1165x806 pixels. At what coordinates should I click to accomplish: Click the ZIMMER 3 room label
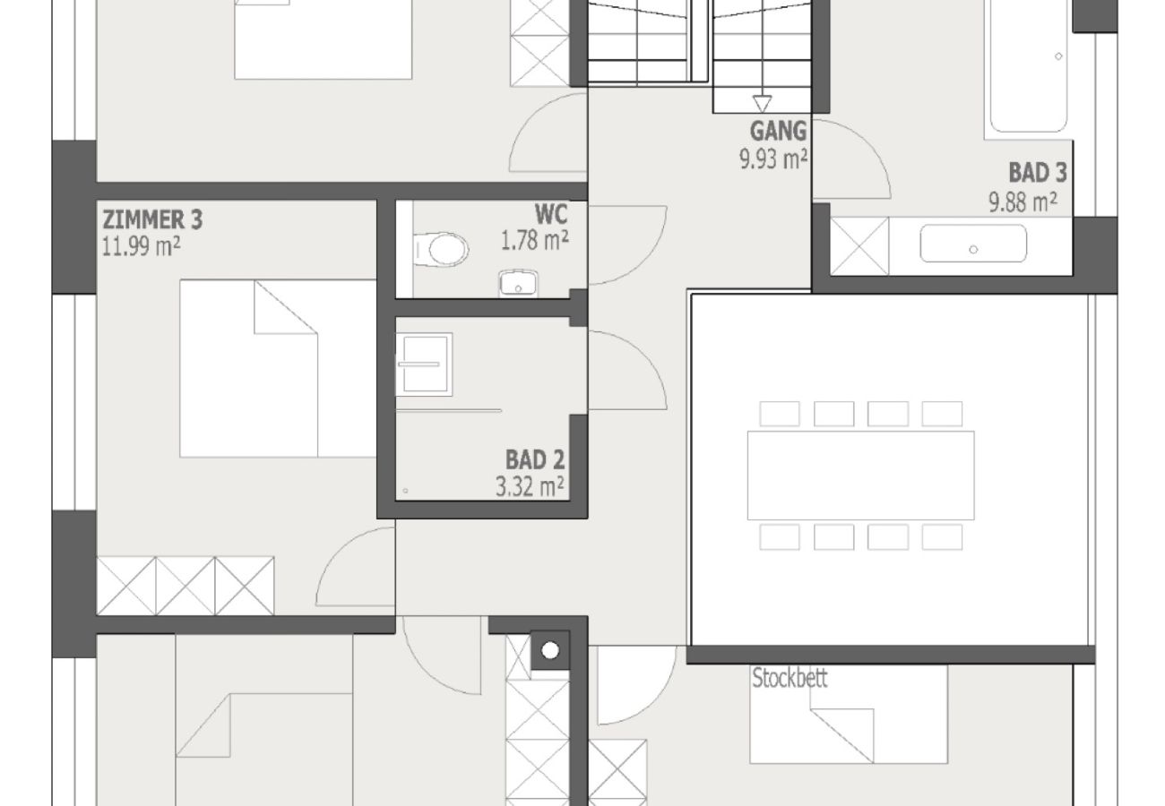click(x=152, y=219)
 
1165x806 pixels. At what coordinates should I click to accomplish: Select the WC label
click(x=550, y=215)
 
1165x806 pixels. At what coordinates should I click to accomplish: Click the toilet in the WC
click(x=442, y=249)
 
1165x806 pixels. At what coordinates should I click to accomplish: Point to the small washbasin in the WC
click(x=518, y=285)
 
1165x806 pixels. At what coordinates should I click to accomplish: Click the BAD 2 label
click(x=535, y=460)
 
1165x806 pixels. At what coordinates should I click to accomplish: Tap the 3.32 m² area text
click(x=530, y=486)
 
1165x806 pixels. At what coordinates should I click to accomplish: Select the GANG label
click(x=778, y=131)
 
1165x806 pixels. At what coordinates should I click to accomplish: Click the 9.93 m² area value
click(x=773, y=159)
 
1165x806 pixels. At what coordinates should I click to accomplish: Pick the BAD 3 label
click(x=1037, y=172)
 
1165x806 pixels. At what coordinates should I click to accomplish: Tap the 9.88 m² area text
click(x=1023, y=201)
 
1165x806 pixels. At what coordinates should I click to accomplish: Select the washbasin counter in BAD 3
click(x=973, y=244)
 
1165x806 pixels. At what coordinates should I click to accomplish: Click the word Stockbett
click(x=790, y=678)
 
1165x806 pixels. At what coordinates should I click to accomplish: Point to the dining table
click(x=860, y=475)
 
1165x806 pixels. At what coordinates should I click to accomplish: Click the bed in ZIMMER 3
click(x=278, y=367)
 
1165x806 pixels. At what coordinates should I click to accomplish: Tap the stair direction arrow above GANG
click(x=763, y=103)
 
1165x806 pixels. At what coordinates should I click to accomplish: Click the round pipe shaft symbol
click(x=550, y=650)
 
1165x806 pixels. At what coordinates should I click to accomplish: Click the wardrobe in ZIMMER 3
click(x=186, y=586)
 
